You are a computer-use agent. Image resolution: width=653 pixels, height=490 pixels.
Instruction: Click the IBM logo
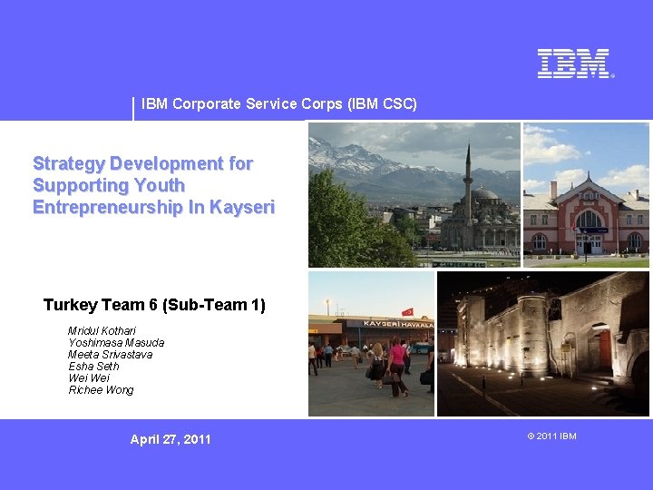tap(575, 64)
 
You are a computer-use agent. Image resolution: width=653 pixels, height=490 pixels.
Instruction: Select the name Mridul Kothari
tap(102, 331)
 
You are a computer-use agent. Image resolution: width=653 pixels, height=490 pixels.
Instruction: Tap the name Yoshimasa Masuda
tap(116, 343)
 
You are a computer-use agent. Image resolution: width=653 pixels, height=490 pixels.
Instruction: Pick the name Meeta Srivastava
tap(110, 355)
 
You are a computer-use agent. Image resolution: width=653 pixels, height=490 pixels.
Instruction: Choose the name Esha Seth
tap(93, 367)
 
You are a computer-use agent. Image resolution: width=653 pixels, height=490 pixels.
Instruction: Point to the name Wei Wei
tap(88, 378)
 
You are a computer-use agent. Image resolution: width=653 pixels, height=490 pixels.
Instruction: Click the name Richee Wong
tap(101, 390)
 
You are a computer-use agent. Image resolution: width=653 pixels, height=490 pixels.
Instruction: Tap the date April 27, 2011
tap(170, 439)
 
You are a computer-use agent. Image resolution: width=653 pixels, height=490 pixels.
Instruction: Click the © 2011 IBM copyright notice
tap(551, 436)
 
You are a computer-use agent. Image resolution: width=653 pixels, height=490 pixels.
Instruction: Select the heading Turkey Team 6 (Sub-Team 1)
tap(154, 305)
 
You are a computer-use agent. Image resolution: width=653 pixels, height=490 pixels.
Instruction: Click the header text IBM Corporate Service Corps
tap(279, 103)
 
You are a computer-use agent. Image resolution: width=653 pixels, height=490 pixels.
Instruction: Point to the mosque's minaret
tap(468, 177)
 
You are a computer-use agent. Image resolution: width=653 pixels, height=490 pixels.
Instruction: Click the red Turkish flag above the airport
tap(407, 311)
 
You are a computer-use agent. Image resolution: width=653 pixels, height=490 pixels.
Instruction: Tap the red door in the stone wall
tap(605, 348)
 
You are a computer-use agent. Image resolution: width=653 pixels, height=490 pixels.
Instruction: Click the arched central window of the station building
tap(589, 220)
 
